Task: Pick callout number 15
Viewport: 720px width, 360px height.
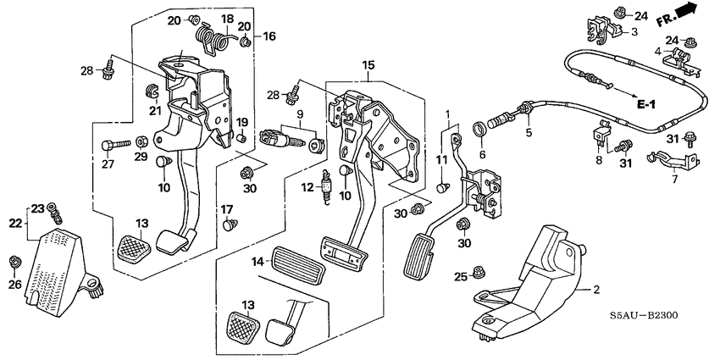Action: (x=368, y=66)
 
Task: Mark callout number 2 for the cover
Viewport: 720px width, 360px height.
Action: (x=596, y=290)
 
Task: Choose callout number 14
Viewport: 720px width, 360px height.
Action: (x=256, y=263)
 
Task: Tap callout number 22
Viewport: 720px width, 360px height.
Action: (x=14, y=222)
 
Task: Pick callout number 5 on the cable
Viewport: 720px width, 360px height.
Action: (x=528, y=133)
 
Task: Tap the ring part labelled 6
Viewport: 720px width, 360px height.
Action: (x=484, y=130)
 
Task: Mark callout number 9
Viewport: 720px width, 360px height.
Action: (x=299, y=114)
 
